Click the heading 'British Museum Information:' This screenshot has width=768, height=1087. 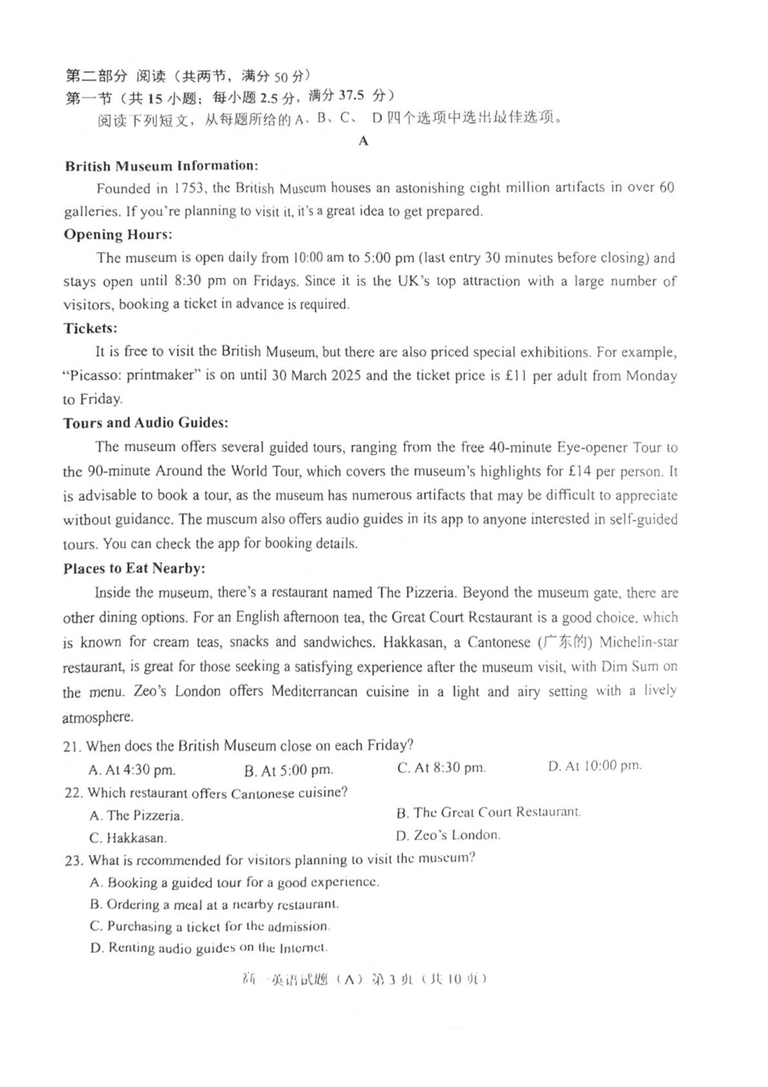[x=162, y=166]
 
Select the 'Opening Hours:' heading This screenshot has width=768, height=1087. [x=118, y=234]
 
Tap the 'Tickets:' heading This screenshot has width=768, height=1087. [x=91, y=328]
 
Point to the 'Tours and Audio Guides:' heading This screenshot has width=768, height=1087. [x=146, y=423]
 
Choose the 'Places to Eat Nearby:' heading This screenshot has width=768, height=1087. [x=134, y=568]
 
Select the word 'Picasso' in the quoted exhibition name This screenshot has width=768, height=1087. [x=94, y=376]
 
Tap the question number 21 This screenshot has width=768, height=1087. [x=72, y=746]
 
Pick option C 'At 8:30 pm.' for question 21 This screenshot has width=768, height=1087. [x=441, y=768]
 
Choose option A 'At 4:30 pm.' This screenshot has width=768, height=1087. [x=132, y=770]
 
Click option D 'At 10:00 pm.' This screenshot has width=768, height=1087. [x=594, y=765]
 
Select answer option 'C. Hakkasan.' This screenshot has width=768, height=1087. [x=129, y=838]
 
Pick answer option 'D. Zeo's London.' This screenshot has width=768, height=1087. [x=448, y=835]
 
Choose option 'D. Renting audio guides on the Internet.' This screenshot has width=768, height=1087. [x=209, y=948]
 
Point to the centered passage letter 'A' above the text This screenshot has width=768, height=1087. [x=364, y=141]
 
